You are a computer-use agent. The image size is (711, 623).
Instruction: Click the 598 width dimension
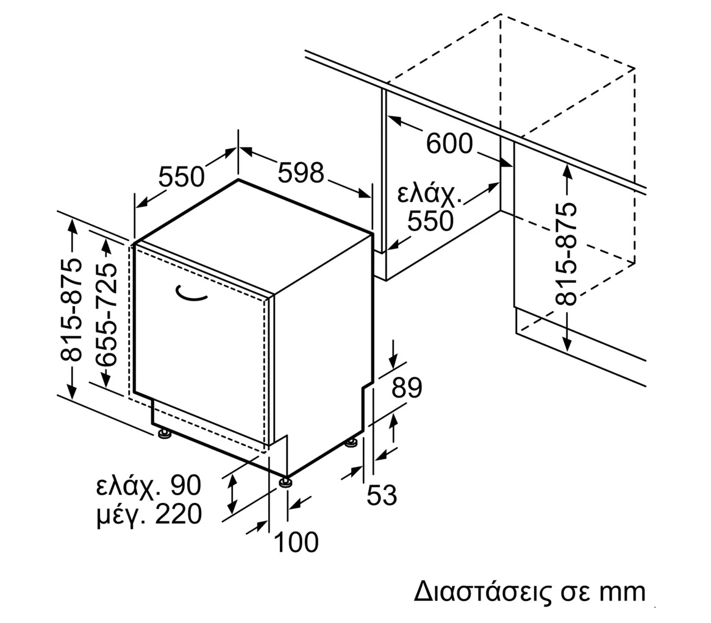coord(301,173)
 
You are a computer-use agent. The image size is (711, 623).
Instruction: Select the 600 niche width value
coord(449,144)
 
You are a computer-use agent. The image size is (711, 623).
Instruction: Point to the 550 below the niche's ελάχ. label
coord(431,221)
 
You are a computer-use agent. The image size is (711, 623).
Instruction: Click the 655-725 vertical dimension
coord(107,314)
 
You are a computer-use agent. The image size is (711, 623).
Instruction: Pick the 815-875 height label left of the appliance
coord(71,310)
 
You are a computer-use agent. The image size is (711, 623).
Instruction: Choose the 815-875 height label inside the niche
coord(566,254)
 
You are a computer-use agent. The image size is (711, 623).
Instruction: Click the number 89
coord(407,388)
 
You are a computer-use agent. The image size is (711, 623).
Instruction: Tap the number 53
coord(382,495)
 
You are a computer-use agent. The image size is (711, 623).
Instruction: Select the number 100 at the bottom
coord(296,542)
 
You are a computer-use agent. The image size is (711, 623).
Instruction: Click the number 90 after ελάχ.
coord(185,485)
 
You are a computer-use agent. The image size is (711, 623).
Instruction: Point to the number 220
coord(178,514)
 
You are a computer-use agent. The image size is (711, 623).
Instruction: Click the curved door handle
coord(191,294)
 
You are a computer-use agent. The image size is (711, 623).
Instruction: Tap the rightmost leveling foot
coord(351,443)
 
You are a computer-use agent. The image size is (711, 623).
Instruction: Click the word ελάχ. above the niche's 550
coord(429,194)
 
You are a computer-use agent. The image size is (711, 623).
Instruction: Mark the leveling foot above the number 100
coord(285,482)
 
